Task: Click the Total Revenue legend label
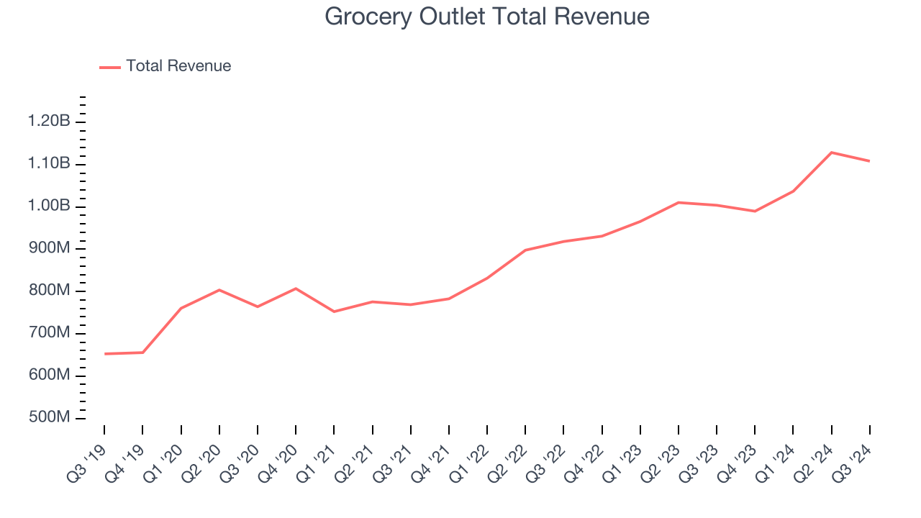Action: [178, 66]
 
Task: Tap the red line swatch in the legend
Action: [110, 67]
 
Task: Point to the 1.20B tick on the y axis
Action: [49, 122]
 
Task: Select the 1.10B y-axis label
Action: [49, 164]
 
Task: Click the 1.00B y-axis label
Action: [49, 206]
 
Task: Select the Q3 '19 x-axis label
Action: [88, 460]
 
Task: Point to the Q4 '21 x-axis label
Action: [432, 460]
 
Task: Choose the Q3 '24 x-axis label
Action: [853, 460]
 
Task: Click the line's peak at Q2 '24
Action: [832, 153]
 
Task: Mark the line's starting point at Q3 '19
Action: [104, 354]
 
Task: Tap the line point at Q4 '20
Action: [296, 288]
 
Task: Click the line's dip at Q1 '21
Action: [334, 312]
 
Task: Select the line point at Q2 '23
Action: [679, 202]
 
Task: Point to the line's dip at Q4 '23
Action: [755, 211]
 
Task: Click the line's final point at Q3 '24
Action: [869, 161]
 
